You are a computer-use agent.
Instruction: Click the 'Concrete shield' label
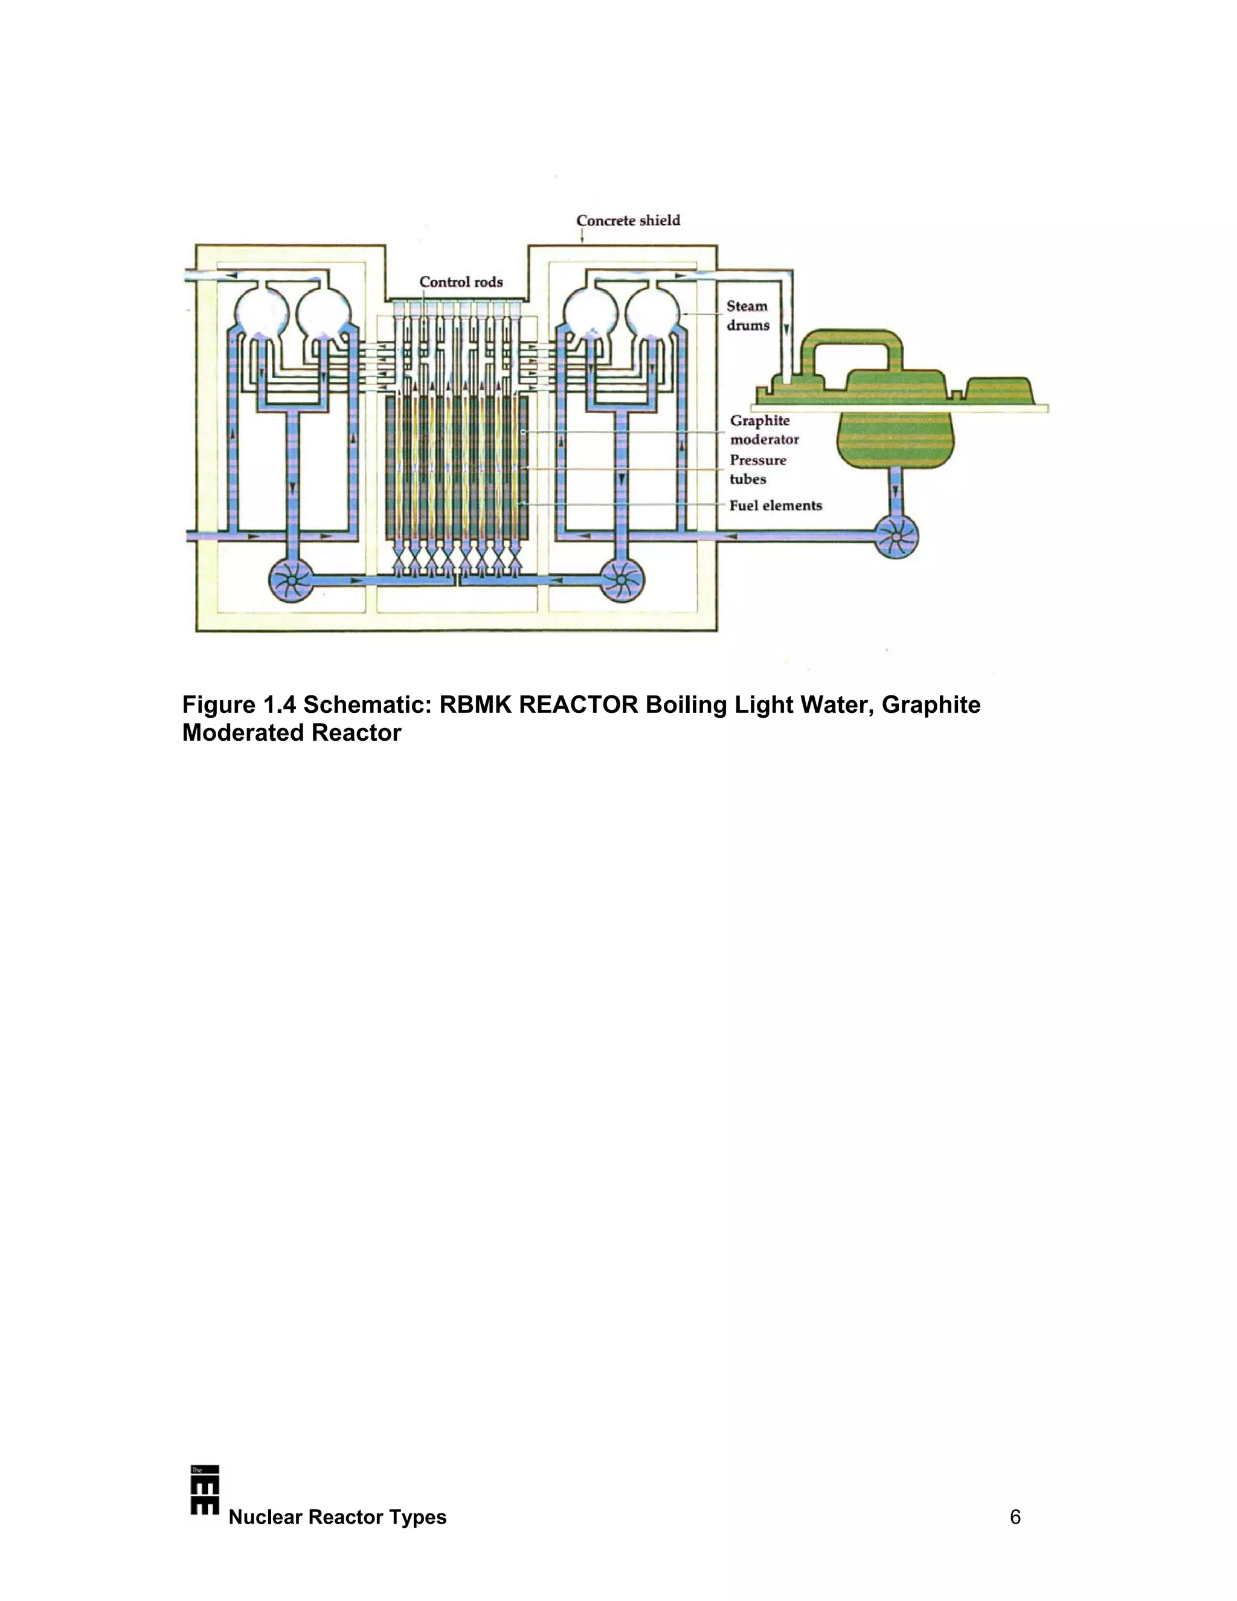628,221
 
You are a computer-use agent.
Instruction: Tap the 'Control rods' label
461,282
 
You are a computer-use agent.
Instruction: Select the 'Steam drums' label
748,316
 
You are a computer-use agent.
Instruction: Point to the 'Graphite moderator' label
763,430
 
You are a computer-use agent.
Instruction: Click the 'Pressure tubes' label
758,469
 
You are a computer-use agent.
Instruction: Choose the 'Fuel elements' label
776,505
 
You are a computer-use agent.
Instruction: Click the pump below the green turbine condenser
896,536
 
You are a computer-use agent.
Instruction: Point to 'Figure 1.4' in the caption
239,704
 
